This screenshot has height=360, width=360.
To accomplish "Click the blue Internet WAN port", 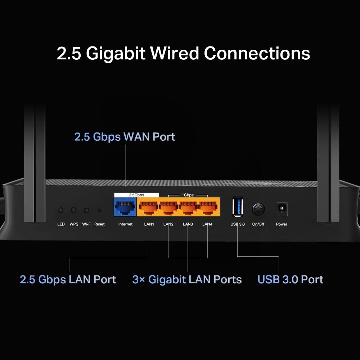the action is pyautogui.click(x=125, y=207).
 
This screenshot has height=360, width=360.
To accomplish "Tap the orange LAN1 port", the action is pyautogui.click(x=149, y=207).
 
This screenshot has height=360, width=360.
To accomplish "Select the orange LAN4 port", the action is pyautogui.click(x=208, y=207).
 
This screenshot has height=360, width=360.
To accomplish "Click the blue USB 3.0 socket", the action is pyautogui.click(x=238, y=207).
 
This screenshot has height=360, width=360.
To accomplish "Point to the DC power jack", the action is pyautogui.click(x=282, y=208).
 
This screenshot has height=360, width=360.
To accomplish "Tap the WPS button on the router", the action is pyautogui.click(x=73, y=210).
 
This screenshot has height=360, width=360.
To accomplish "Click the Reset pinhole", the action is pyautogui.click(x=99, y=210).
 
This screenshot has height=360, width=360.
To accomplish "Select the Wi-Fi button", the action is pyautogui.click(x=86, y=210).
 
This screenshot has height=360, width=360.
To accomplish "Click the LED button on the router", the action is pyautogui.click(x=60, y=210).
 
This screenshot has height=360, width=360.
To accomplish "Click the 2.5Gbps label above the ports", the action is pyautogui.click(x=136, y=195).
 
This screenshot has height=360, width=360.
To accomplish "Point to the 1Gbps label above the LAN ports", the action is pyautogui.click(x=188, y=195).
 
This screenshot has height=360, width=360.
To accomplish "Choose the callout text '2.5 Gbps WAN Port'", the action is pyautogui.click(x=125, y=137).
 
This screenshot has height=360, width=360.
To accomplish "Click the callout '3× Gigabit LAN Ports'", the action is pyautogui.click(x=187, y=279).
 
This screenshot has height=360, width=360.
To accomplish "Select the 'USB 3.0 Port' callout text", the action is pyautogui.click(x=291, y=279).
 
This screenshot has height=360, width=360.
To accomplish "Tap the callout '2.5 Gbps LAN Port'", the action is pyautogui.click(x=68, y=279).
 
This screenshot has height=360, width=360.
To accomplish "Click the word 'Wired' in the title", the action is pyautogui.click(x=175, y=53).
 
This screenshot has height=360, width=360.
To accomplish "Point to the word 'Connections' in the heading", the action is pyautogui.click(x=257, y=53).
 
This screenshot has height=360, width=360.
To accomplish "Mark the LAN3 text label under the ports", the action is pyautogui.click(x=188, y=224).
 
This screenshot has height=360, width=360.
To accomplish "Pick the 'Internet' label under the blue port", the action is pyautogui.click(x=125, y=224).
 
